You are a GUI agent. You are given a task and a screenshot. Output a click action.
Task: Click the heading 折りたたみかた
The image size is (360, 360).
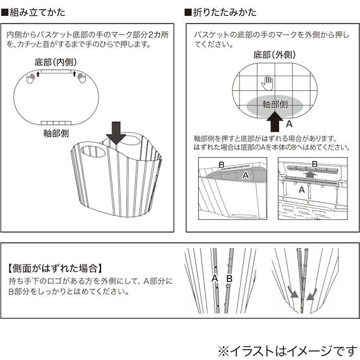click(220, 12)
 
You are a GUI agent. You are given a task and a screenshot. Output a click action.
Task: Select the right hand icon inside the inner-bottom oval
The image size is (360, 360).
click(80, 78)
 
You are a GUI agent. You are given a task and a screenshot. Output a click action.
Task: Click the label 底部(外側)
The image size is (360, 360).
click(275, 56)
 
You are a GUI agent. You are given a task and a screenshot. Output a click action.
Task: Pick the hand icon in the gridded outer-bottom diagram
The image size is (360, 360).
click(267, 83)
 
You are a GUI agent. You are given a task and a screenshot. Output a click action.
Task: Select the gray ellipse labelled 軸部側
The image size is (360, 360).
click(276, 104)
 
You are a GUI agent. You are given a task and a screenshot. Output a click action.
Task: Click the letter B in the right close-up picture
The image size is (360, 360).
click(314, 164)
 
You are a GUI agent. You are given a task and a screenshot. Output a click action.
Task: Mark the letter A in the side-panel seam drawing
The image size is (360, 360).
click(214, 278)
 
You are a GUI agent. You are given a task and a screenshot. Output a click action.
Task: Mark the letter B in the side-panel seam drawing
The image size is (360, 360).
click(229, 278)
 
